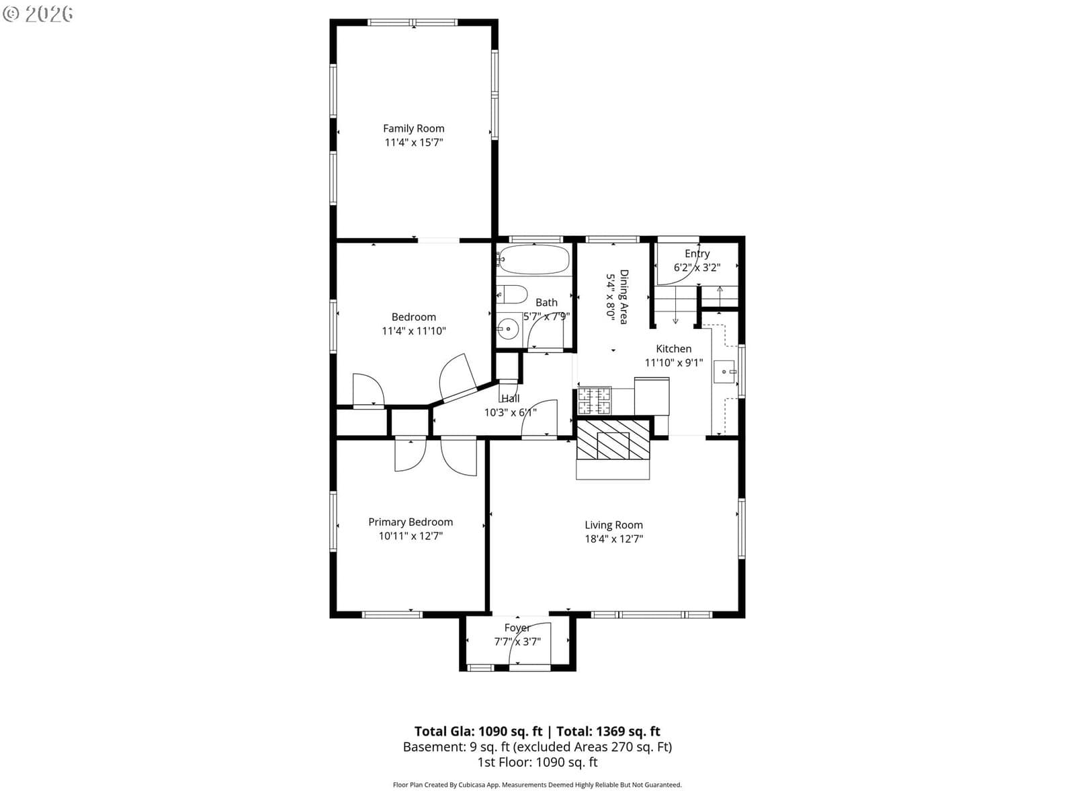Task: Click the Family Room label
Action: [413, 128]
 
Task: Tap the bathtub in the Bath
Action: [534, 259]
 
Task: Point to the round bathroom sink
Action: [509, 328]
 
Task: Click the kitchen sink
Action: [724, 371]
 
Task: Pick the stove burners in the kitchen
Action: [595, 401]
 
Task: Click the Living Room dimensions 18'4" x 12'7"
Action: [613, 539]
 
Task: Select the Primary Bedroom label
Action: [411, 522]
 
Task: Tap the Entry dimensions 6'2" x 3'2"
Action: [697, 268]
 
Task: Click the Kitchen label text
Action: [673, 349]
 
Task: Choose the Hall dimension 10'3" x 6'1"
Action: [511, 412]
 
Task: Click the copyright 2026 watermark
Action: [38, 13]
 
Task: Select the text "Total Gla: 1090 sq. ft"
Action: [478, 732]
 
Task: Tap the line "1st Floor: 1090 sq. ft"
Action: [537, 763]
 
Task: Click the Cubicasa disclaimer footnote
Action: [537, 785]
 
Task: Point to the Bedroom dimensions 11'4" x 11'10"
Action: [414, 332]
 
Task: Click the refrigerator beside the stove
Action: [651, 396]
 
